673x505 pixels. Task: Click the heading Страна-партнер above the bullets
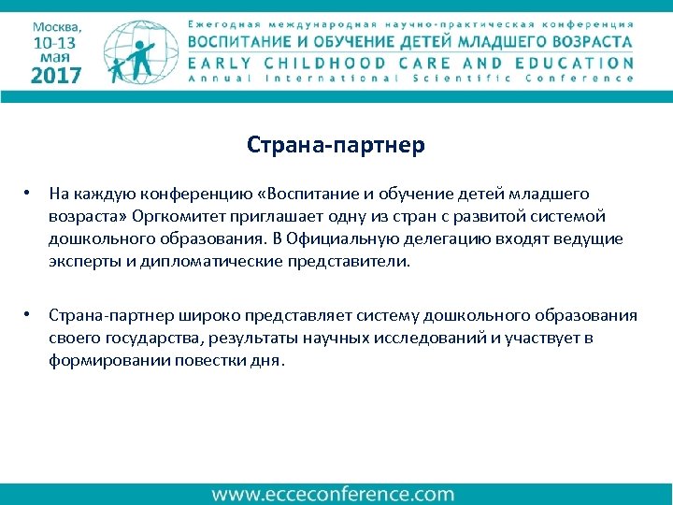click(x=336, y=145)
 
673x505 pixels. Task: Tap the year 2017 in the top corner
click(x=57, y=76)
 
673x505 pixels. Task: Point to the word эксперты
click(x=83, y=261)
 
